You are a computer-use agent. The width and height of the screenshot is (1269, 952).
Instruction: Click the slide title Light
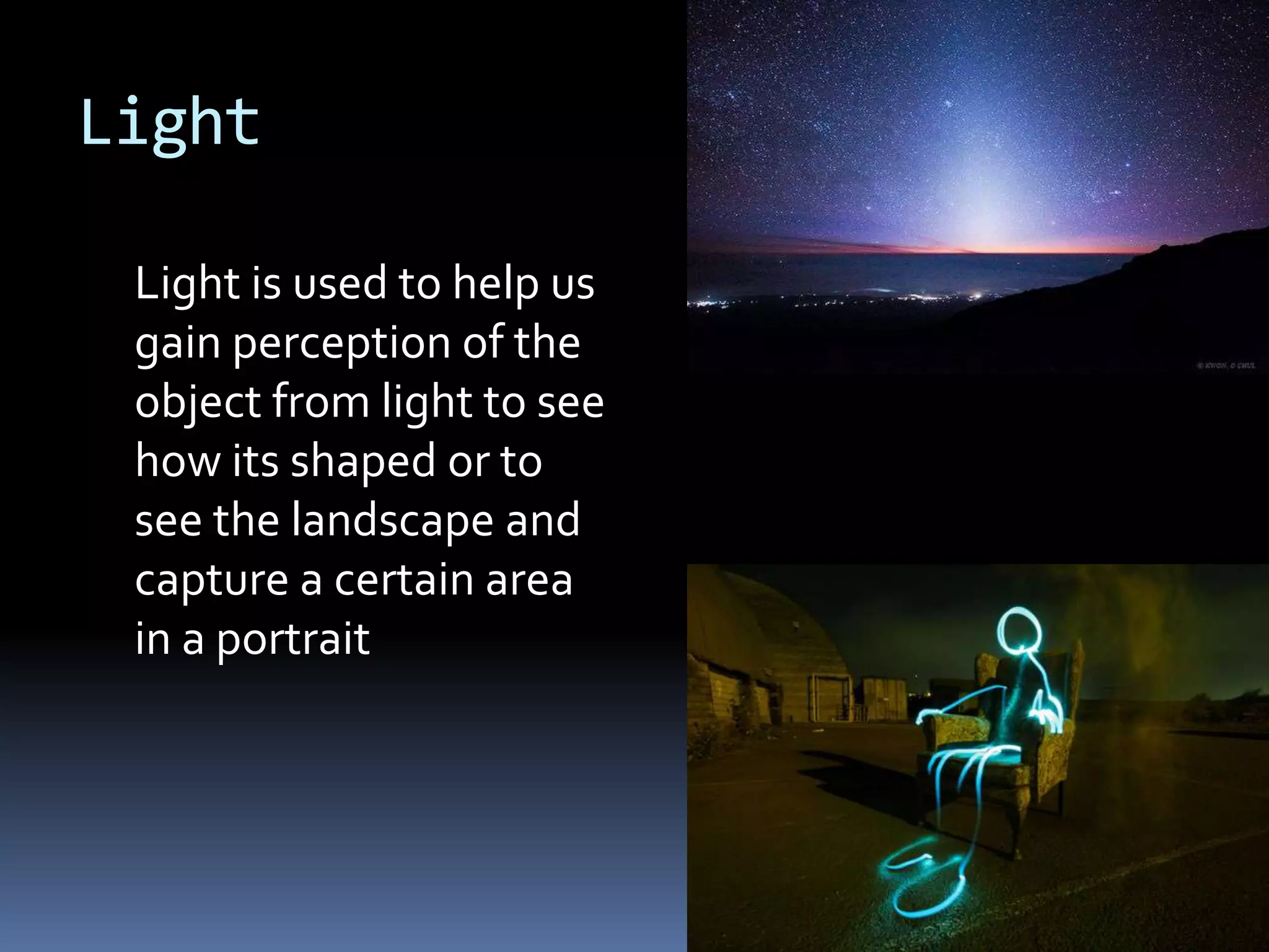[170, 123]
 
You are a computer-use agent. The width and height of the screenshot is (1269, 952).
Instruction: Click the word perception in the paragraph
[341, 343]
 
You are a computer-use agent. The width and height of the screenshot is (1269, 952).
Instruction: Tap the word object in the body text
[198, 402]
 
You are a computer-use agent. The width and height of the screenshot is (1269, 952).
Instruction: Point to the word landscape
[392, 520]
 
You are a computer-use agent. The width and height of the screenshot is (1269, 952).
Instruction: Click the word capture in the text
[211, 581]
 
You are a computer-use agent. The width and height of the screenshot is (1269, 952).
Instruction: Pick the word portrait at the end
[292, 639]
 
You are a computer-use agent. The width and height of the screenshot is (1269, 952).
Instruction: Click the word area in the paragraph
[529, 581]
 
